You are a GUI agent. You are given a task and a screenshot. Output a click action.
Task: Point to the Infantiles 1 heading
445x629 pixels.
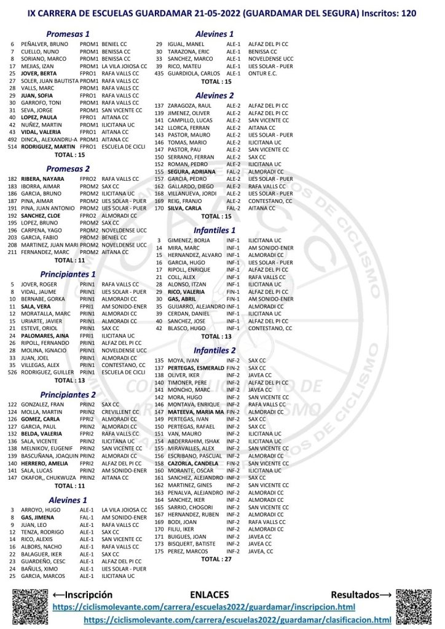(x=214, y=230)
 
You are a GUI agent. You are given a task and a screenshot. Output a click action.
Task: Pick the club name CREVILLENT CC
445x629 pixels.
(x=124, y=412)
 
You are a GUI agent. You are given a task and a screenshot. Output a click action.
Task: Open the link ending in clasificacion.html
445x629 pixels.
(x=237, y=619)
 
